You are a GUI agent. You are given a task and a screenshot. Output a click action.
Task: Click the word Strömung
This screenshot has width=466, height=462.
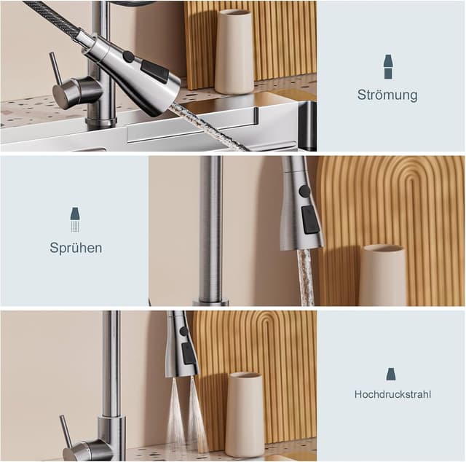point(387,95)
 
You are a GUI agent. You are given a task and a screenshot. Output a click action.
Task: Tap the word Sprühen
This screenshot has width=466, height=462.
point(76,248)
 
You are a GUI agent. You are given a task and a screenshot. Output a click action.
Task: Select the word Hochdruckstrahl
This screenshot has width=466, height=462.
point(392,394)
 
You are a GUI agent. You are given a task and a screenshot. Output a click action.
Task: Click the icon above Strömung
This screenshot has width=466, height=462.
point(388,67)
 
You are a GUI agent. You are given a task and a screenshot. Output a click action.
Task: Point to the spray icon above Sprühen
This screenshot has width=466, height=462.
point(75,218)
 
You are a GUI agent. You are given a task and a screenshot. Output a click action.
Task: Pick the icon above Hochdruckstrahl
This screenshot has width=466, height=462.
point(391,374)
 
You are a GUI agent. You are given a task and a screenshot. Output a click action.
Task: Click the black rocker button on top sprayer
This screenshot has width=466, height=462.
point(155,71)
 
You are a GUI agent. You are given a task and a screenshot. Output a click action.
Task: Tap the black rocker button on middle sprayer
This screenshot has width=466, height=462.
point(310,219)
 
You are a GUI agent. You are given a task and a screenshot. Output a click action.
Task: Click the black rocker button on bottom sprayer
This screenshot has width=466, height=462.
point(187,353)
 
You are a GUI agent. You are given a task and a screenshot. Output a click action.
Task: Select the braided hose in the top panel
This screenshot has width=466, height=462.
point(51,17)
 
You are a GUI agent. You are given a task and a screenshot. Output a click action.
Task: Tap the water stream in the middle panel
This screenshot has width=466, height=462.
point(306,277)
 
